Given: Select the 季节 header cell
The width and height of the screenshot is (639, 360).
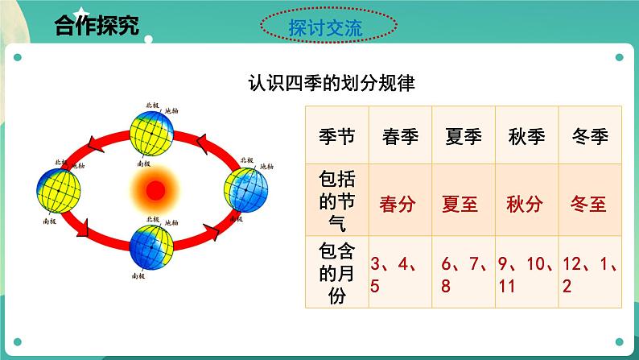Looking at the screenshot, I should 336,135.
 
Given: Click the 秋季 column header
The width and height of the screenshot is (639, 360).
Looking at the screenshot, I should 527,135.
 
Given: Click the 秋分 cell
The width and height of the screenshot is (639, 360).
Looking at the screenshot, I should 527,203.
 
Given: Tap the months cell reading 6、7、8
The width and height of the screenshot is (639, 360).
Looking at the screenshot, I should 463,274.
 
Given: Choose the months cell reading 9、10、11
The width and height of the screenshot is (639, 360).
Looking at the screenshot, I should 527,274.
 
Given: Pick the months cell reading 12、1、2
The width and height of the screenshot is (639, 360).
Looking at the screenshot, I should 591,274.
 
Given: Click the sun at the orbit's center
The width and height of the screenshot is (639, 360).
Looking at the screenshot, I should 154,191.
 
